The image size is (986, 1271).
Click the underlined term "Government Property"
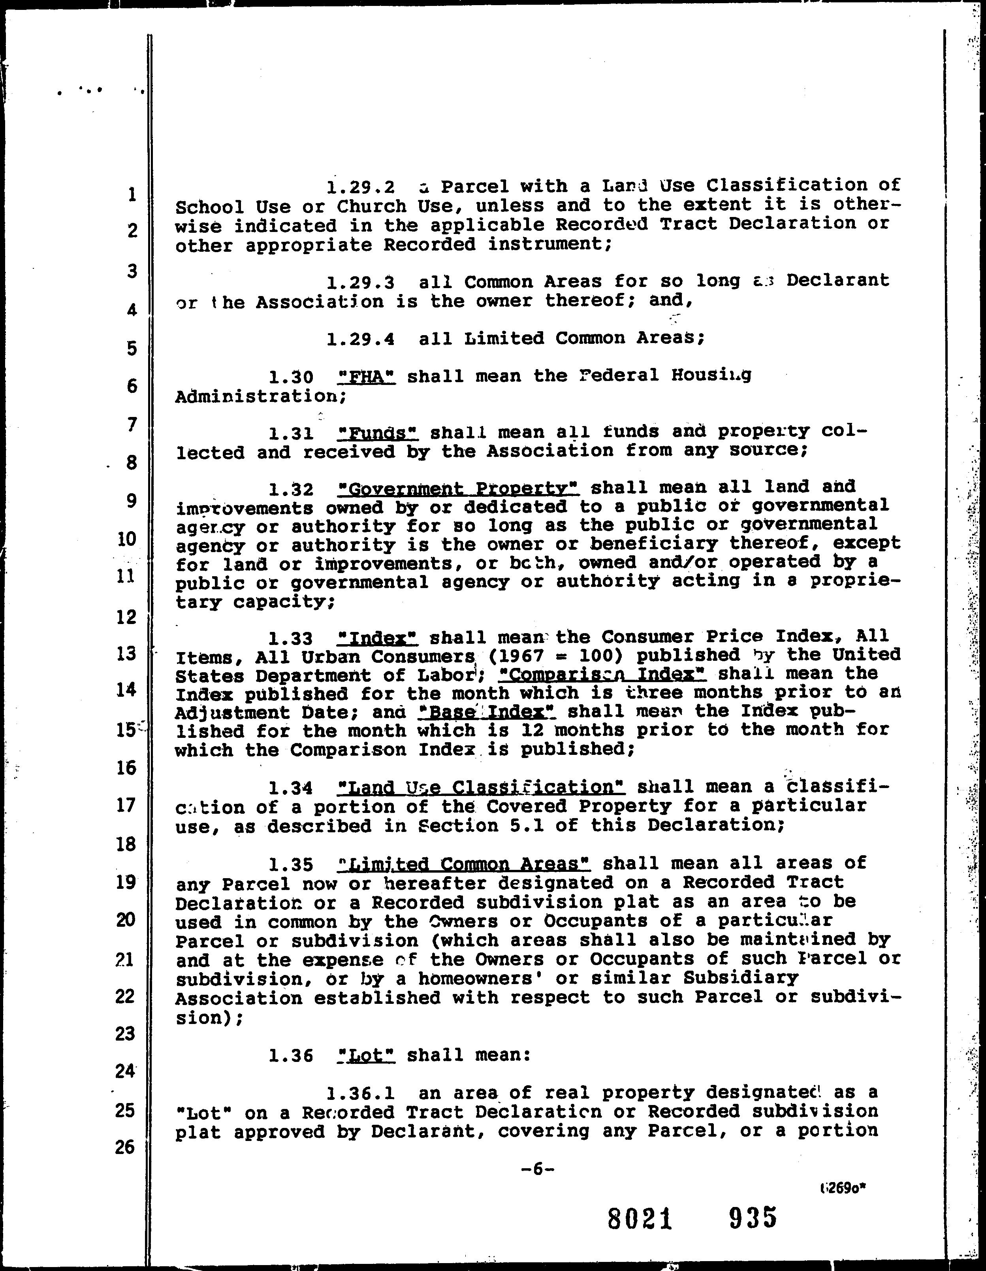point(458,488)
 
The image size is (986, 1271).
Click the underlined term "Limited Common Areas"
point(464,864)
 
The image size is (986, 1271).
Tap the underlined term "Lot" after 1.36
point(367,1055)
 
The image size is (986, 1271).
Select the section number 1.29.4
point(361,339)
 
